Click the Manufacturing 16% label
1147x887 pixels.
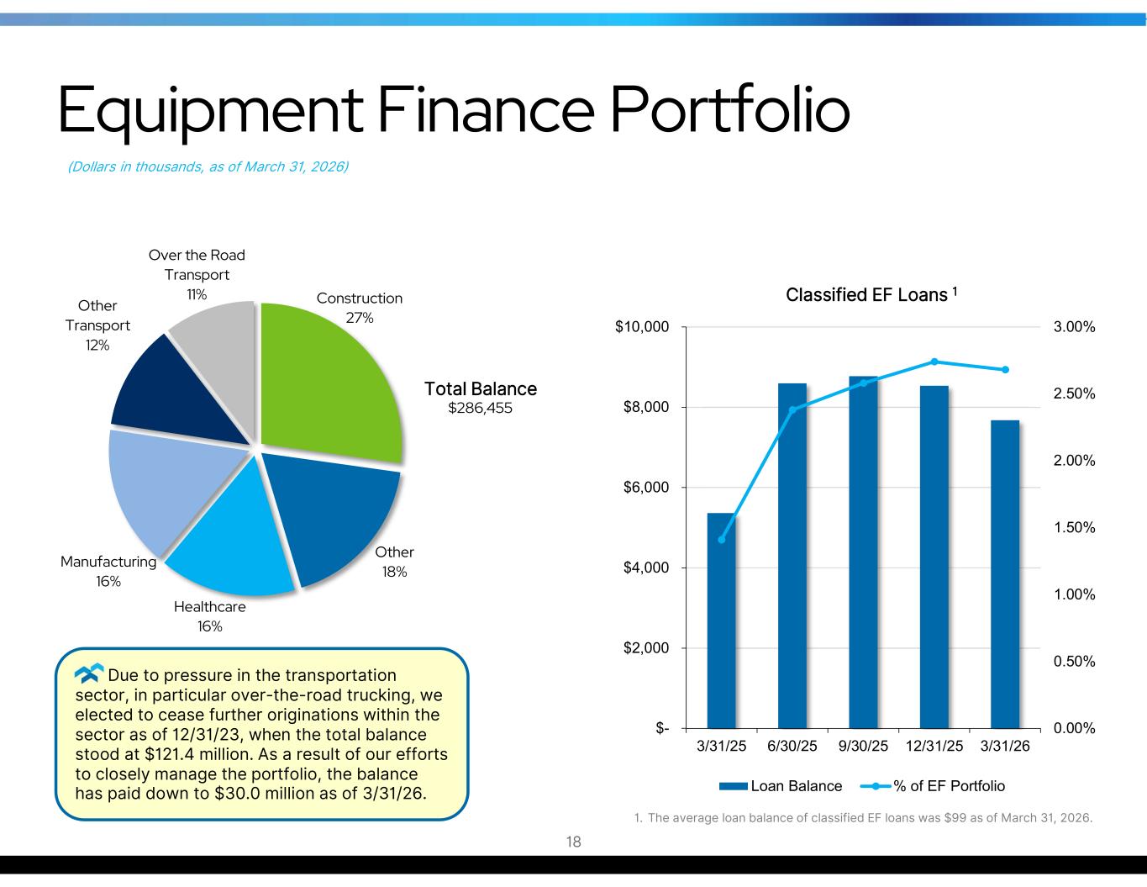click(x=108, y=571)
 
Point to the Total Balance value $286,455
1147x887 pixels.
click(x=480, y=408)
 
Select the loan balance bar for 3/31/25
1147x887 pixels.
click(x=721, y=620)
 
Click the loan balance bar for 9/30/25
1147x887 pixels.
click(x=863, y=552)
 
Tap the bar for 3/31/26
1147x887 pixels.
click(x=1004, y=574)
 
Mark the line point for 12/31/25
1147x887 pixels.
click(x=934, y=362)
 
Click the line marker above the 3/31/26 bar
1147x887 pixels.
click(x=1005, y=370)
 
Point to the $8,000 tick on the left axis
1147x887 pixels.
click(x=646, y=407)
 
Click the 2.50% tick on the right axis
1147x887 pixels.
click(x=1074, y=393)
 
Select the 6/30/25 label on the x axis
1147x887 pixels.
click(x=792, y=746)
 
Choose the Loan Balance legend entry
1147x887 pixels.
click(x=780, y=786)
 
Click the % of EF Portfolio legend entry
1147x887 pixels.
click(x=932, y=786)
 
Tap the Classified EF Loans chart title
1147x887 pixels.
click(x=871, y=294)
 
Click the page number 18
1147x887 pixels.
click(x=573, y=842)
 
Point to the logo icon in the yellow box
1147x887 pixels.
click(x=89, y=673)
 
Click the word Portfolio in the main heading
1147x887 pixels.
click(x=729, y=110)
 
